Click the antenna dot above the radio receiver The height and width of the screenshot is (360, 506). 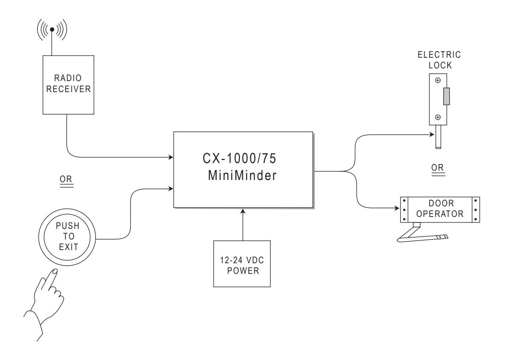(52, 29)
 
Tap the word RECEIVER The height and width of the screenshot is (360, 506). (68, 89)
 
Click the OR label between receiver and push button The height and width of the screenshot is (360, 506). (66, 179)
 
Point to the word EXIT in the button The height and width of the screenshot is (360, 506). (68, 247)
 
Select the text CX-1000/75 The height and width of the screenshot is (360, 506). (239, 158)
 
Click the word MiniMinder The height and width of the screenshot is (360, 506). (242, 176)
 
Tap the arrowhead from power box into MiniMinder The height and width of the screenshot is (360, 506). (243, 211)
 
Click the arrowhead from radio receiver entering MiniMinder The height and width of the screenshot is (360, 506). (171, 157)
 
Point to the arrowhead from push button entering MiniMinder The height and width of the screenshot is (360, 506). (171, 188)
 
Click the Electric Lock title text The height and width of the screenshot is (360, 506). (439, 60)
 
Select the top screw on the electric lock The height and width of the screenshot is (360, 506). (438, 80)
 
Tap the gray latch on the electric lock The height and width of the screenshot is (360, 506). (447, 96)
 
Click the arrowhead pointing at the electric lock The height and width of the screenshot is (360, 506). (432, 135)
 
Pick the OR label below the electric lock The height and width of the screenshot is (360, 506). (438, 168)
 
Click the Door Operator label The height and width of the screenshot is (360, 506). (440, 208)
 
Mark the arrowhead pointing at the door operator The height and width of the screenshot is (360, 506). (397, 208)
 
